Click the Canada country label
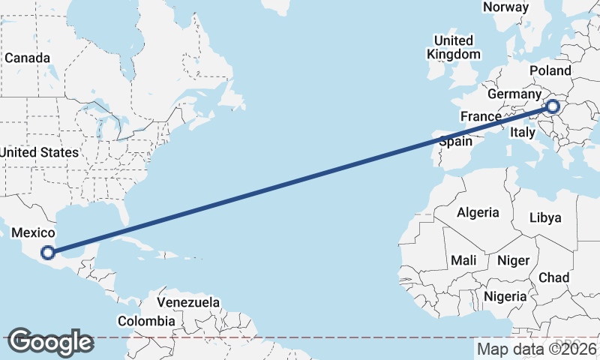point(28,58)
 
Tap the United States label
point(39,152)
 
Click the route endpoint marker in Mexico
point(48,253)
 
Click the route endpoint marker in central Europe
point(553,106)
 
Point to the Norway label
point(505,7)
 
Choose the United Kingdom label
point(454,47)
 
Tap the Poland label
point(550,70)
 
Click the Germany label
point(514,94)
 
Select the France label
point(481,116)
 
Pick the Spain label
point(455,141)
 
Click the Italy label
point(521,132)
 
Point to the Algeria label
point(478,212)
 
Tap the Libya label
point(545,217)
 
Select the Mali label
point(463,260)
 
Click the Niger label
point(514,260)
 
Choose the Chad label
point(553,277)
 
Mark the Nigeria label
point(505,296)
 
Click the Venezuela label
point(188,302)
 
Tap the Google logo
point(50,342)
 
